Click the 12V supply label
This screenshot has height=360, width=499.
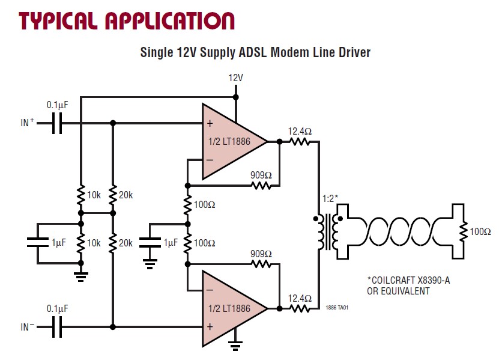(235, 78)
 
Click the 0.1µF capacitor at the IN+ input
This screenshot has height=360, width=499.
(56, 123)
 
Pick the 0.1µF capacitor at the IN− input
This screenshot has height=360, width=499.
(56, 328)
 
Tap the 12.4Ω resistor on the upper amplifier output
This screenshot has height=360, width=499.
(299, 142)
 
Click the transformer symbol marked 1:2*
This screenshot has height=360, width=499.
(327, 228)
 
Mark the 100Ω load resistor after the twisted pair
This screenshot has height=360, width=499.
(464, 231)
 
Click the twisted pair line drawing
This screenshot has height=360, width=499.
(399, 230)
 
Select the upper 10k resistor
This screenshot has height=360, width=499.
(80, 195)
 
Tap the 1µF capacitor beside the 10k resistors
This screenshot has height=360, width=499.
(37, 243)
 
